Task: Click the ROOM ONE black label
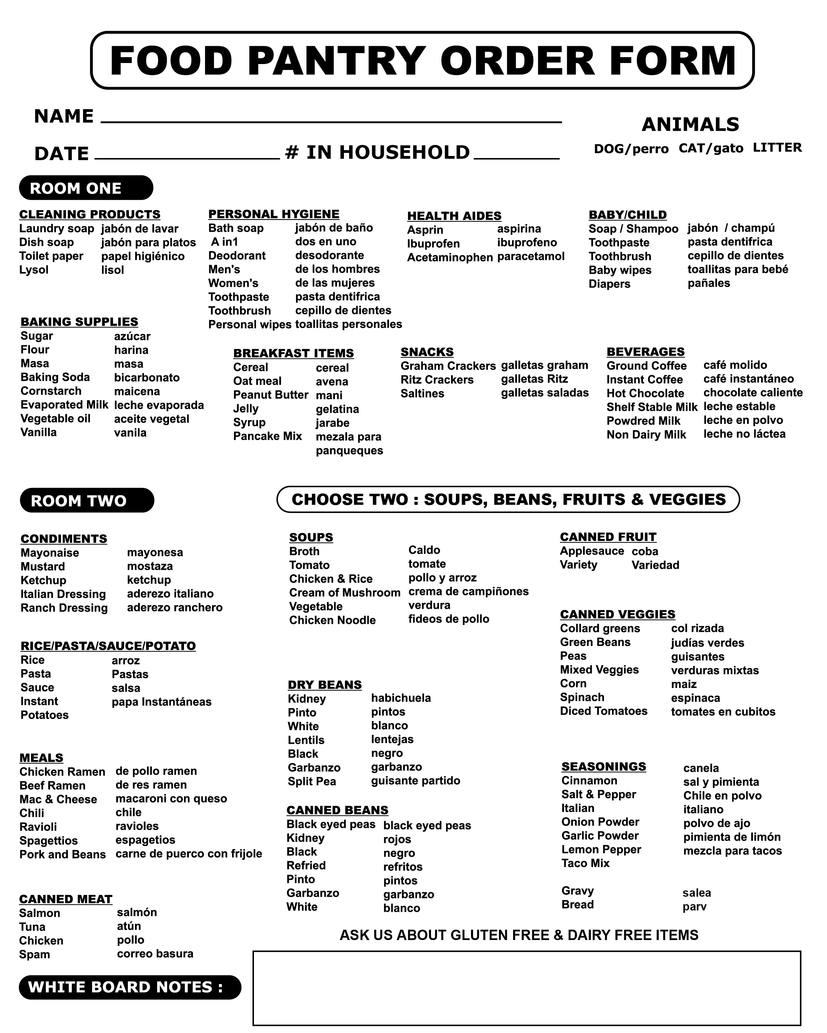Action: tap(86, 188)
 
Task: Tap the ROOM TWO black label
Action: tap(87, 501)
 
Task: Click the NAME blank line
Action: tap(331, 121)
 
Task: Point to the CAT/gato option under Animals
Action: tap(711, 148)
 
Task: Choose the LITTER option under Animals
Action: tap(777, 148)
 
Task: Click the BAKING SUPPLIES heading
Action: tap(79, 322)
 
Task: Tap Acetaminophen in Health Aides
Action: tap(450, 258)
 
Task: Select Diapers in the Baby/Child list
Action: tap(609, 284)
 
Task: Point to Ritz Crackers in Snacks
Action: tap(437, 380)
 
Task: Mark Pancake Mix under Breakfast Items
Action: tap(267, 437)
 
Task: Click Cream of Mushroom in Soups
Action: tap(345, 593)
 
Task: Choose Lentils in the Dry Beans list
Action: tap(306, 740)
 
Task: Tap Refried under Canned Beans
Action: tap(306, 866)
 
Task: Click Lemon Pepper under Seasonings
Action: tap(601, 849)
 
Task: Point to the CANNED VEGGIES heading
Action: tap(617, 615)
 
